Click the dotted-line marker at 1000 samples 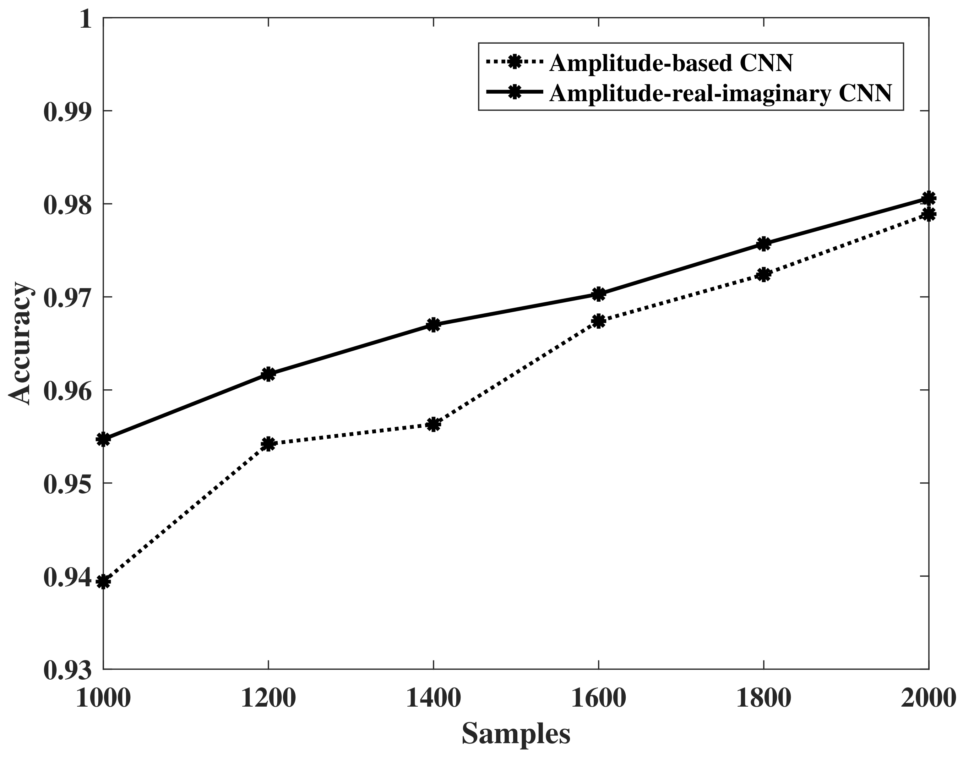click(x=103, y=581)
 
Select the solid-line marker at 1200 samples click(x=268, y=374)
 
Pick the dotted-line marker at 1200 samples click(x=268, y=444)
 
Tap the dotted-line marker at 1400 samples click(x=434, y=424)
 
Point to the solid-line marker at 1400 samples click(x=434, y=324)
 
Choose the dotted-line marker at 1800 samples click(x=763, y=274)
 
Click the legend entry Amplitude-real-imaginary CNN click(x=720, y=93)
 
